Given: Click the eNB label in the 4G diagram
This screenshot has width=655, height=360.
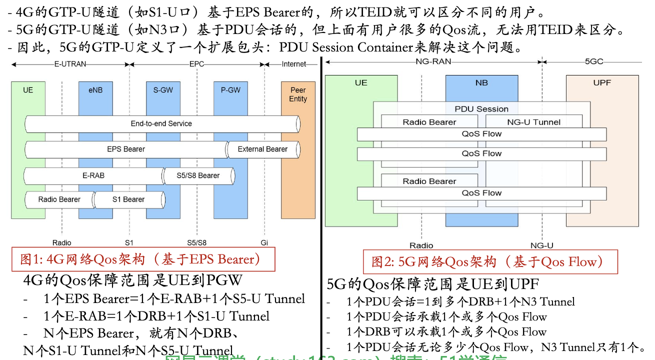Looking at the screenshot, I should click(x=95, y=90).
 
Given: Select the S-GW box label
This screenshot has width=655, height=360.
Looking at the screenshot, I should click(x=163, y=90).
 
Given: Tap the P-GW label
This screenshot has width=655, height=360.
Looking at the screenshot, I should click(x=230, y=90).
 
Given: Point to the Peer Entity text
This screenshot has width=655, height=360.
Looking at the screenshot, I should click(x=298, y=94).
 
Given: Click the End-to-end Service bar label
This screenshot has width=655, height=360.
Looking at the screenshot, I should click(x=161, y=123).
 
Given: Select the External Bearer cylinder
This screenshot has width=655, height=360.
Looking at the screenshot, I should click(x=262, y=149).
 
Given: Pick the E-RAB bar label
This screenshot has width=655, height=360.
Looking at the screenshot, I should click(x=93, y=175).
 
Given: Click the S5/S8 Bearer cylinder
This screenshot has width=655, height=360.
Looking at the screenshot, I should click(x=198, y=175).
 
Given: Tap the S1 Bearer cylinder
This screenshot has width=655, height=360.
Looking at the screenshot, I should click(x=128, y=199).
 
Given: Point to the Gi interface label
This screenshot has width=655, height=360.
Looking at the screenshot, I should click(x=264, y=242).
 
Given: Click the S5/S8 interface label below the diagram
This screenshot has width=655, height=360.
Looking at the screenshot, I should click(x=196, y=242).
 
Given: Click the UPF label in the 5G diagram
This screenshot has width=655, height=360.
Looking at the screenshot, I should click(x=602, y=82).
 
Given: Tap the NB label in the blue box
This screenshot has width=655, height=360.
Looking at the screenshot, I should click(x=481, y=82).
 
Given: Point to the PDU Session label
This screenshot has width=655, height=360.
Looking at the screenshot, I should click(x=481, y=109).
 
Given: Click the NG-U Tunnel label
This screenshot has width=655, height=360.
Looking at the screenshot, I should click(x=534, y=122).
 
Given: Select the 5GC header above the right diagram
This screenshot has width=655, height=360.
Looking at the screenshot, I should click(x=594, y=61).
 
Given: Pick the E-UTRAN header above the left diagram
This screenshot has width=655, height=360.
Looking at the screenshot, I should click(x=70, y=64).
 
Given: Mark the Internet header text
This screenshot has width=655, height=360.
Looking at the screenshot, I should click(x=294, y=64).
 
